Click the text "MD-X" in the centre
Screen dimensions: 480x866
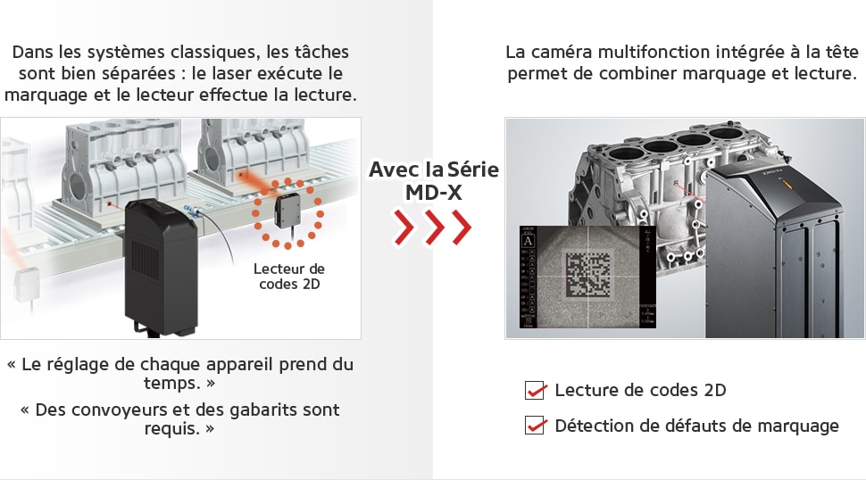tap(433, 192)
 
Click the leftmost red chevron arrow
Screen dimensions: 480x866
tap(405, 228)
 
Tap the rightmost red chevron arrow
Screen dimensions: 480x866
tap(461, 228)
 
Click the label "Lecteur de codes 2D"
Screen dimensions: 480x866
tap(289, 277)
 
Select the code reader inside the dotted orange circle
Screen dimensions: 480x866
tap(289, 212)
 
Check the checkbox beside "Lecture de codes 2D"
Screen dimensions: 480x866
tap(535, 390)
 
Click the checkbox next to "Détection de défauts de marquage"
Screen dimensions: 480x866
tap(535, 426)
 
